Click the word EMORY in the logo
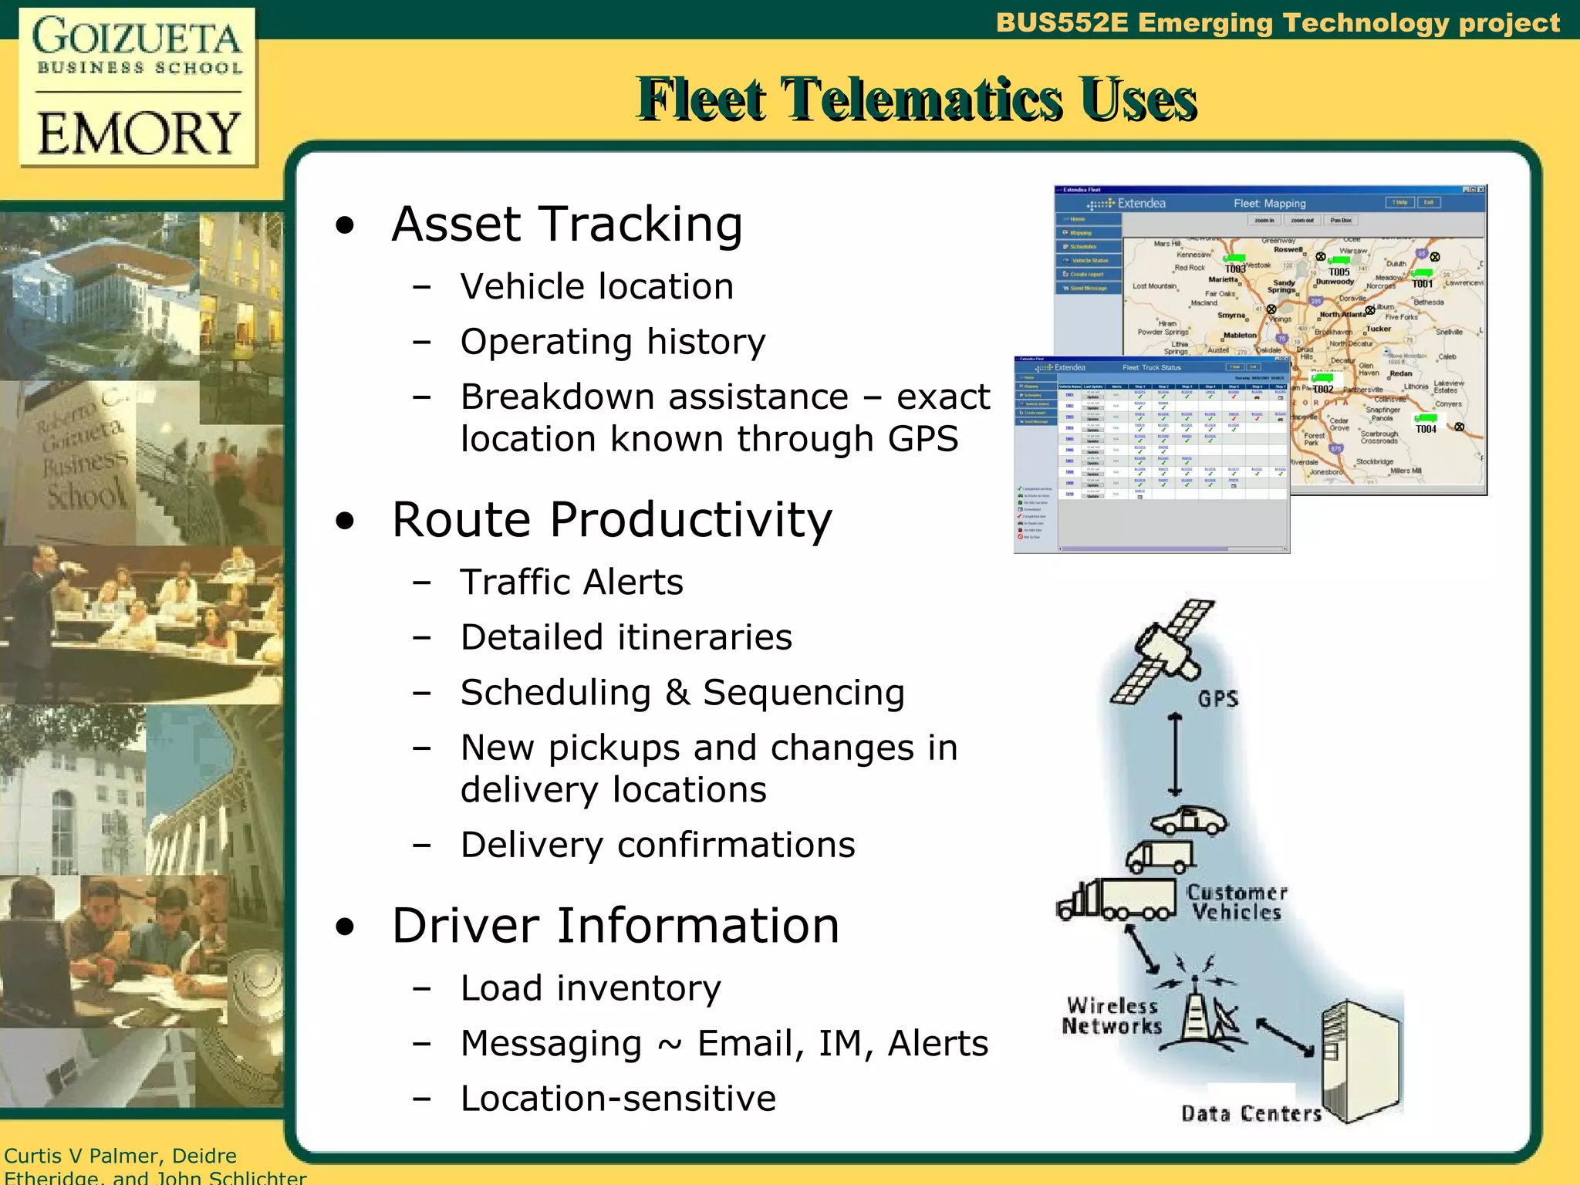(139, 133)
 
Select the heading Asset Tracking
(567, 225)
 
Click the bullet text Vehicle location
(596, 287)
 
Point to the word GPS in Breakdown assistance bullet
(923, 439)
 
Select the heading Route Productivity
(612, 519)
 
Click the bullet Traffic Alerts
(572, 582)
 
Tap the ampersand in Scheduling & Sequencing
(677, 693)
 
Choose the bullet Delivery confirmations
(657, 846)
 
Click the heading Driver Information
(615, 926)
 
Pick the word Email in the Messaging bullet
(745, 1044)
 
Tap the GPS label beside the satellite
(1218, 699)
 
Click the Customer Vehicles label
(1237, 903)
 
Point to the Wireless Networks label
(1112, 1016)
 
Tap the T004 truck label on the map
(1426, 429)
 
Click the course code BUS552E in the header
(1062, 23)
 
